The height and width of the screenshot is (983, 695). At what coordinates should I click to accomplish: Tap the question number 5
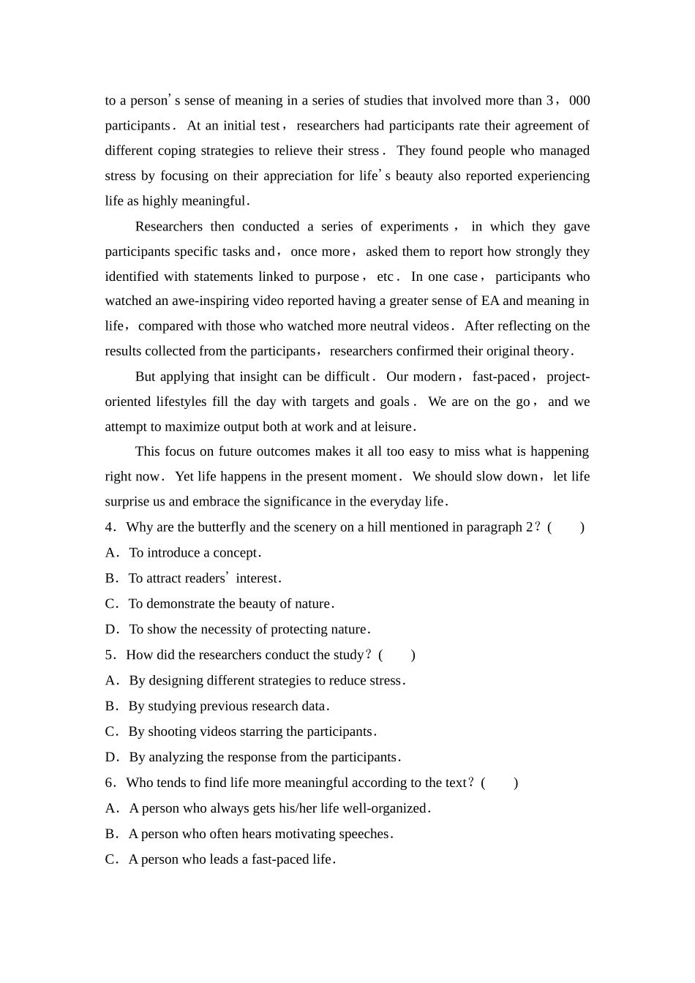(x=110, y=655)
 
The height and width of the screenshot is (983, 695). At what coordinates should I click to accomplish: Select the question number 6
(x=110, y=783)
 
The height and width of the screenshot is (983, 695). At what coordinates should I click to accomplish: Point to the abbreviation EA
(x=490, y=301)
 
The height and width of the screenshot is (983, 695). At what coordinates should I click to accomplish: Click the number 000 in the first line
(x=579, y=101)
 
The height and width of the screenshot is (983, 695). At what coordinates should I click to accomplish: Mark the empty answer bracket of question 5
(x=397, y=655)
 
